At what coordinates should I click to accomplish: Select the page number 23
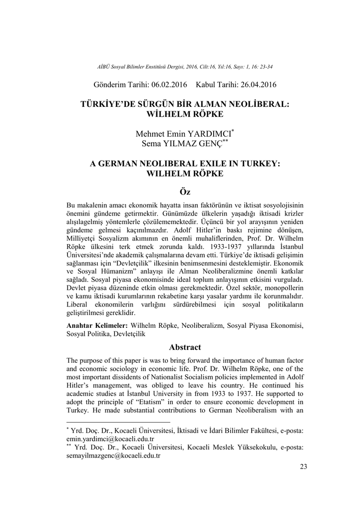point(304,466)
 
